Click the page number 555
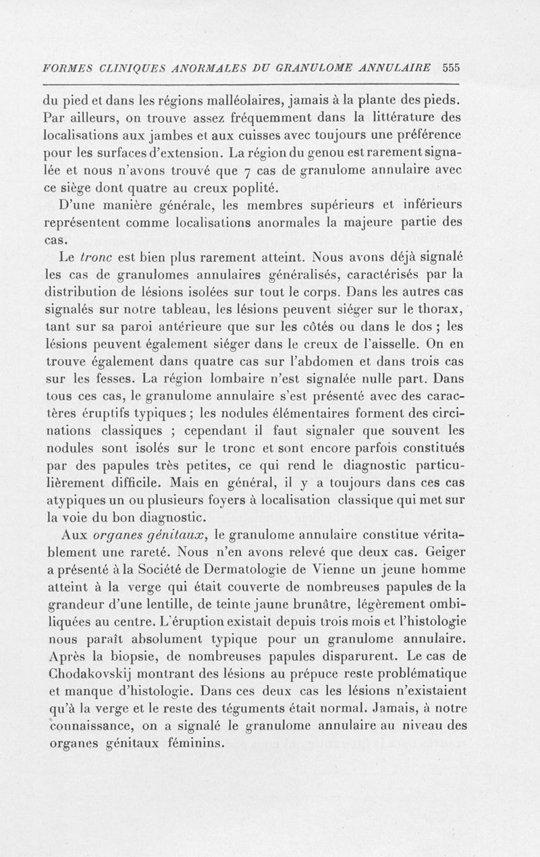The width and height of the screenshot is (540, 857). click(451, 67)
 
